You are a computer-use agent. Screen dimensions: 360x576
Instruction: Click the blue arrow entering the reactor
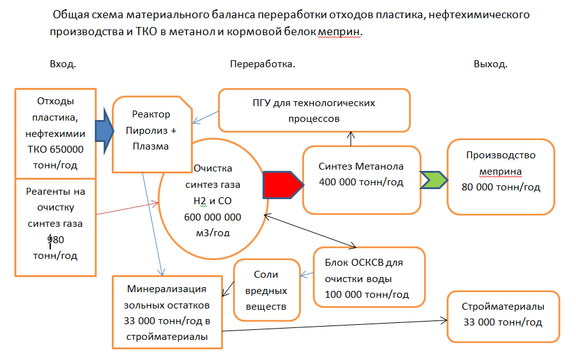[103, 131]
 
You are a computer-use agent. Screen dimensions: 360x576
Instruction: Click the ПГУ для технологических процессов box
[313, 110]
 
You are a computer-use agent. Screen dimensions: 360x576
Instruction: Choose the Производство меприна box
[501, 178]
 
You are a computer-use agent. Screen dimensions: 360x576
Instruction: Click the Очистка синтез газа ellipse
[212, 200]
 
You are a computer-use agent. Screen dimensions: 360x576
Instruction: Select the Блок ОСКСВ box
[369, 277]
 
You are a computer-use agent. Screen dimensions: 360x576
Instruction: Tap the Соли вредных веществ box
[270, 290]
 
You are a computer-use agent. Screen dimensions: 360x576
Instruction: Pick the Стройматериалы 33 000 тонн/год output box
[503, 316]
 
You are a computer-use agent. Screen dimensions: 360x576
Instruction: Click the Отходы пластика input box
[55, 133]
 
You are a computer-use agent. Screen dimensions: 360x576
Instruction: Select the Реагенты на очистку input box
[55, 227]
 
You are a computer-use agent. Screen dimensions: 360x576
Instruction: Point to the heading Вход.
[63, 64]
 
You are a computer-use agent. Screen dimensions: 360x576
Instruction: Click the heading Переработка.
[263, 64]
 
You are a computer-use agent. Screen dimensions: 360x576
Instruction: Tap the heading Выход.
[491, 64]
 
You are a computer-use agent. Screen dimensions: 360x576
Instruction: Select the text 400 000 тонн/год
[361, 183]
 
